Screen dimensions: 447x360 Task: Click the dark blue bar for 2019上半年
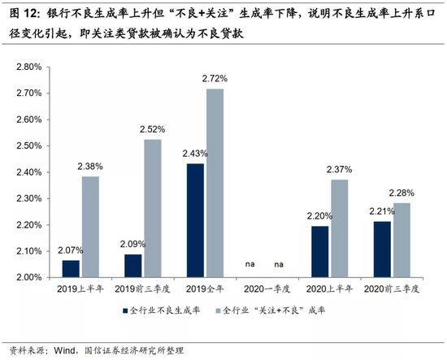71,268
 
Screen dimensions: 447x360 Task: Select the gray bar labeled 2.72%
215,183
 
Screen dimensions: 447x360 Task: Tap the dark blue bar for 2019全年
195,220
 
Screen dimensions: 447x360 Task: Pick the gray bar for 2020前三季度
401,240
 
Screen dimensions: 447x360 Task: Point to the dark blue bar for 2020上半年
320,252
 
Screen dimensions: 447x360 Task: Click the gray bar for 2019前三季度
153,208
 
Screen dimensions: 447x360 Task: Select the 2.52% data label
153,129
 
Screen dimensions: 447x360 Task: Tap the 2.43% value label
195,154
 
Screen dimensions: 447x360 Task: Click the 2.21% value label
382,211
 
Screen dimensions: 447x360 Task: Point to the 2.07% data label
71,250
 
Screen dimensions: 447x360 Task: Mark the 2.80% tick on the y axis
29,67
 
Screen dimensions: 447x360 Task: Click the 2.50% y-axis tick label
29,146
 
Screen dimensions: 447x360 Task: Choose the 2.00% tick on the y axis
29,277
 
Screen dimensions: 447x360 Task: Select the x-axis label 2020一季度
267,289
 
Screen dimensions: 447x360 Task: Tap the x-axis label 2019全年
205,289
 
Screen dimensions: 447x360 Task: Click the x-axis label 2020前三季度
392,289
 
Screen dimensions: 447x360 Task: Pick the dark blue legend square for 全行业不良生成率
125,310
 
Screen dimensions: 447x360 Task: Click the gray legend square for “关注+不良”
219,310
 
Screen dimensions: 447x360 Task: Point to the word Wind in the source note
65,350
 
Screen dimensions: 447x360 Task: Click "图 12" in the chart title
24,14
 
